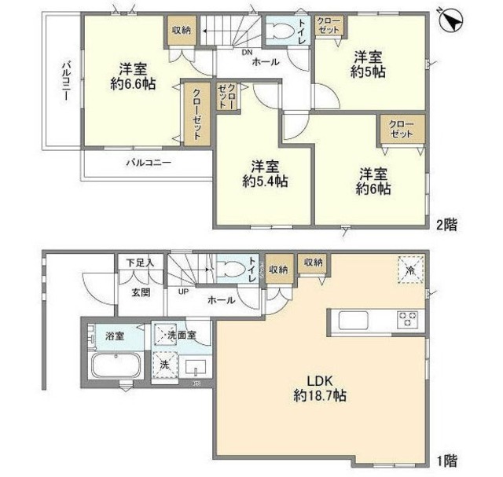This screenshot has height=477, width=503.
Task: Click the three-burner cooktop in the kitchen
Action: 408,319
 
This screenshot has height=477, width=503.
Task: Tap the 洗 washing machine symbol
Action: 165,365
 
